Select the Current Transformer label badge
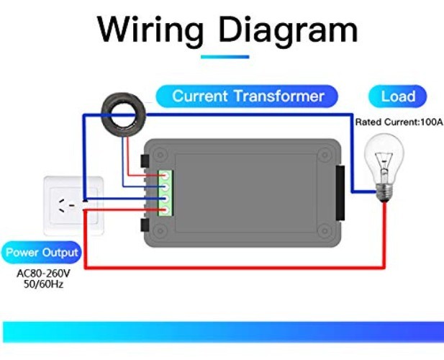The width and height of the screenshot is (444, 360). (248, 96)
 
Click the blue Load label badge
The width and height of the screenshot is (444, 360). (398, 96)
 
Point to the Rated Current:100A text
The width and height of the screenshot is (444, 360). (398, 122)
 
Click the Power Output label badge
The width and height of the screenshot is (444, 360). (42, 253)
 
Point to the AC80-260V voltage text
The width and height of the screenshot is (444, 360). (45, 274)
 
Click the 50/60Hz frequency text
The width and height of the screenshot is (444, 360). (45, 285)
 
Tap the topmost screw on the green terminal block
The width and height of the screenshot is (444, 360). (164, 175)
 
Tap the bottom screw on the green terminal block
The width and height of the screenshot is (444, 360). (164, 210)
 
